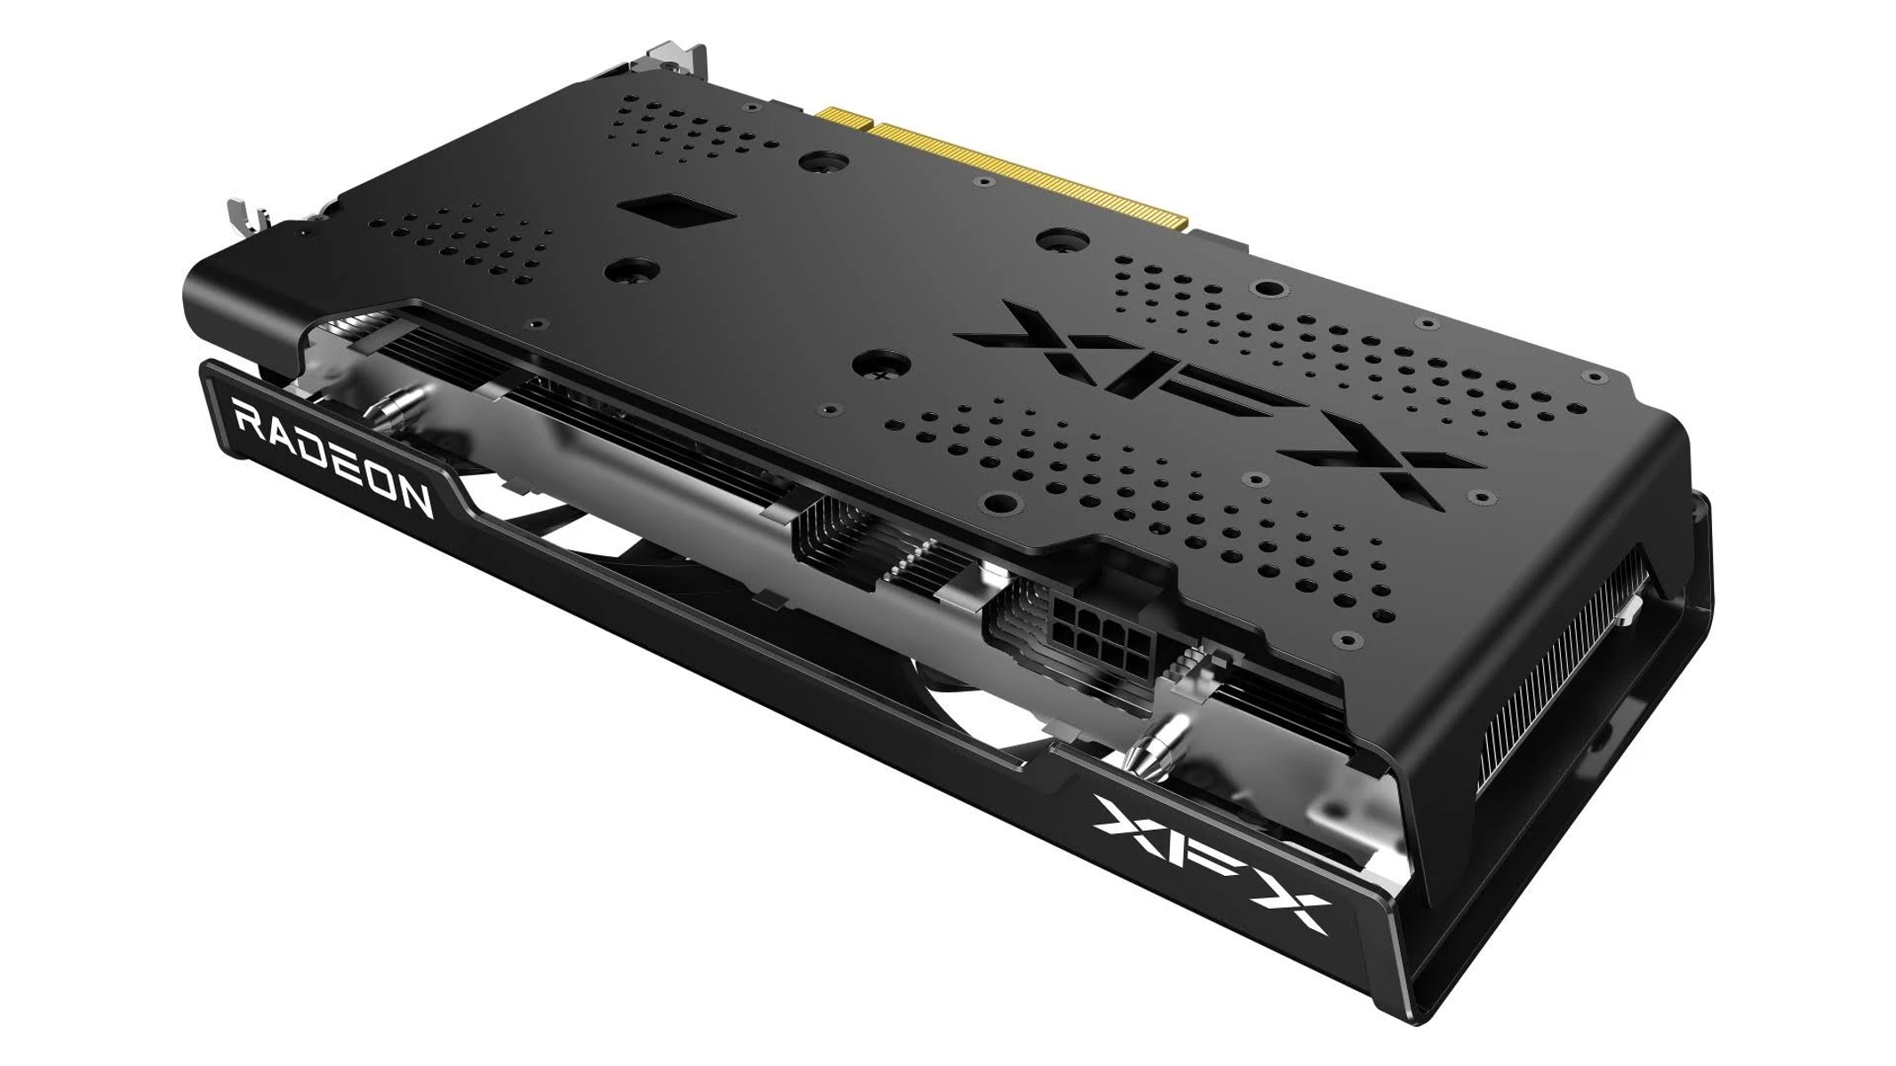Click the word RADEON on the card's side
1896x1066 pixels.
(332, 457)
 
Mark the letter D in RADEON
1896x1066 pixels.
(314, 449)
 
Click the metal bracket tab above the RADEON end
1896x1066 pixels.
(241, 217)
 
